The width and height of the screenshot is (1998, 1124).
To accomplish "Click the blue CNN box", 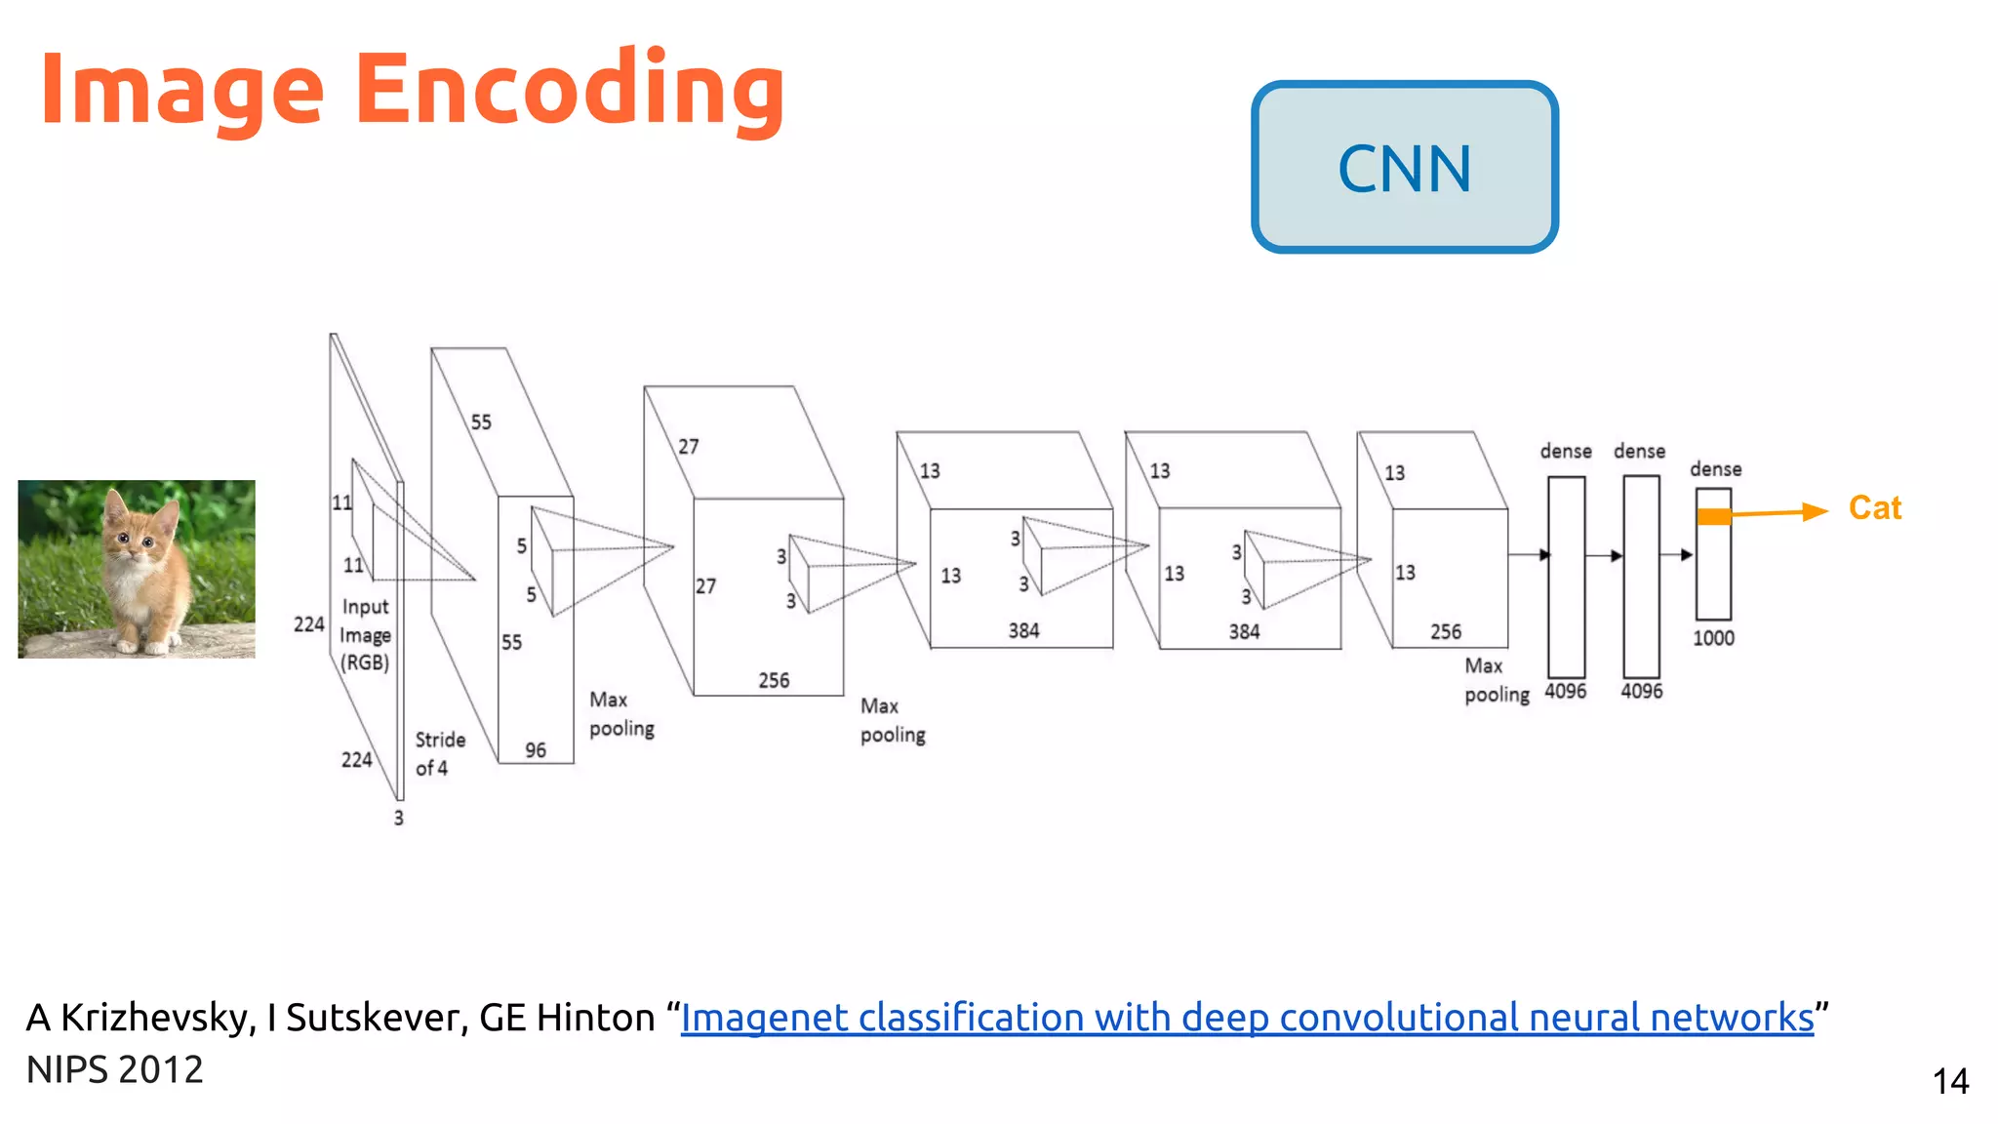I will click(1404, 167).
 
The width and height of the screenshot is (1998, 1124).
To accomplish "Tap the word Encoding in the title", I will click(570, 90).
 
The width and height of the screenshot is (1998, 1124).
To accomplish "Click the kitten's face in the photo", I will click(136, 538).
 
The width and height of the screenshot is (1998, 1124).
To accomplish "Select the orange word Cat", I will click(1874, 508).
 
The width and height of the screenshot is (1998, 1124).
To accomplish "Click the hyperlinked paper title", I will click(1247, 1018).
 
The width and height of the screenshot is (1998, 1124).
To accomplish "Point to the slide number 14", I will click(1950, 1081).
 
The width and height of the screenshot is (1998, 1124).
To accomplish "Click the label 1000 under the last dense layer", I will click(1713, 638).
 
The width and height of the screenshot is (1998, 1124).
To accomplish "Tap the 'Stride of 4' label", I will click(439, 753).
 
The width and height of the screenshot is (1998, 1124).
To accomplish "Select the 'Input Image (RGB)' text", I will click(366, 634).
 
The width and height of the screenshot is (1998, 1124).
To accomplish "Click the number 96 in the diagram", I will click(536, 750).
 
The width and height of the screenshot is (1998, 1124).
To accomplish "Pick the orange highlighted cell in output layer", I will click(1714, 517).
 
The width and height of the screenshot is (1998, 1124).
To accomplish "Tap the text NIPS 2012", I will click(115, 1070).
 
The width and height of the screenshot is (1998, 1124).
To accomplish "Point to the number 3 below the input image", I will click(398, 818).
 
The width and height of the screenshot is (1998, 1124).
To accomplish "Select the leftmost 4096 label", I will click(1565, 691).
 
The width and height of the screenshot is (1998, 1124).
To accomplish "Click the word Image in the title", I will click(181, 90).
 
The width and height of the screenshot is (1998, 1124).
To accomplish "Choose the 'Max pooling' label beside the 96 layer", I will click(621, 714).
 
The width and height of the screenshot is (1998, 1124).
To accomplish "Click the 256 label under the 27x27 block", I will click(774, 680).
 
